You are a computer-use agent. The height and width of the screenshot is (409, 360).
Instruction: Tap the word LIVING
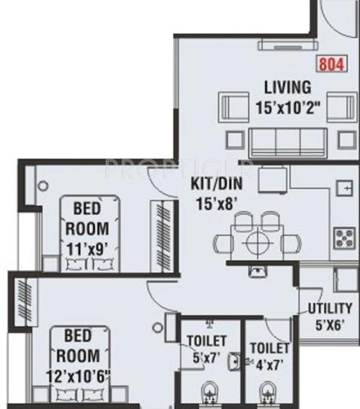(x=286, y=87)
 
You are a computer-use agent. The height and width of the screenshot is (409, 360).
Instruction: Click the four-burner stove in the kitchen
(x=341, y=238)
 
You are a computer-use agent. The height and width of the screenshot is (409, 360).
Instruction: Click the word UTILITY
(x=330, y=308)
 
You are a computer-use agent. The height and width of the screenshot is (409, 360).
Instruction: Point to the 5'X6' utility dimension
(x=329, y=323)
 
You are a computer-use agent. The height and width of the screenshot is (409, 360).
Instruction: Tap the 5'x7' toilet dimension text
(x=203, y=357)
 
